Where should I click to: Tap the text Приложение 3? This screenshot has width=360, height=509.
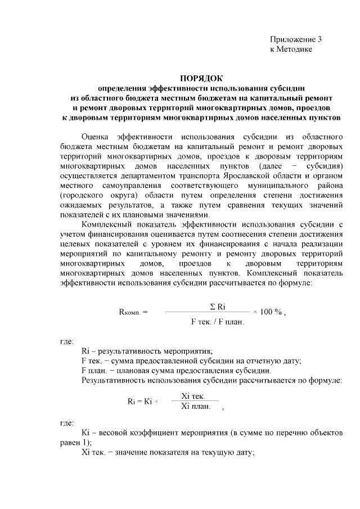[x=295, y=40]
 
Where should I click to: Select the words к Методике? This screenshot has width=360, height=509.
[x=290, y=49]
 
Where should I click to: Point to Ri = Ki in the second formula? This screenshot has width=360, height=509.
[x=141, y=402]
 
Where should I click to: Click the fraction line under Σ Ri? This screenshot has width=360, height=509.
[x=206, y=312]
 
